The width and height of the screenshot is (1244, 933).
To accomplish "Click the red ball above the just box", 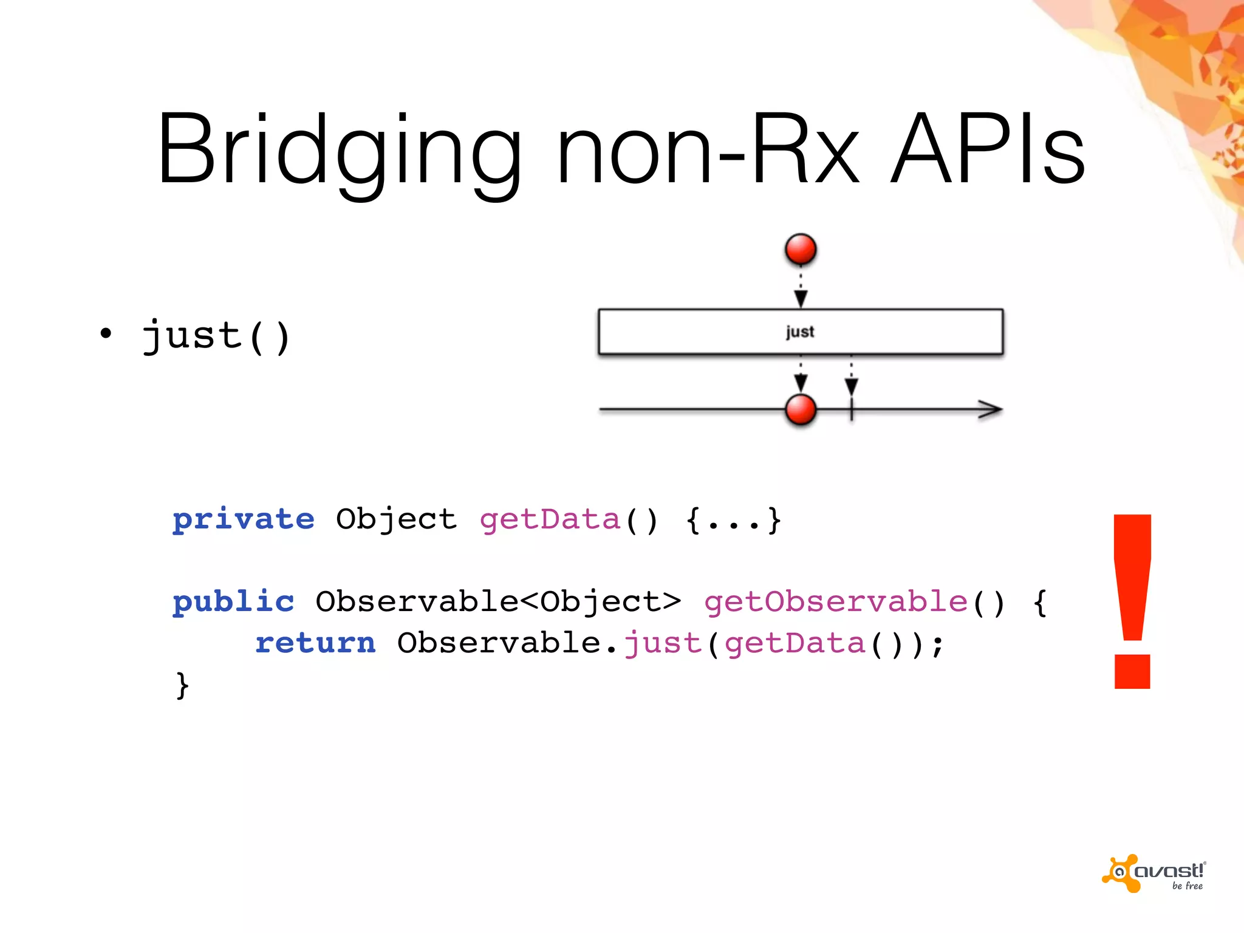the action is coord(801,250).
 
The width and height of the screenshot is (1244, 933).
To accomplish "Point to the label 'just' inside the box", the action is coord(800,332).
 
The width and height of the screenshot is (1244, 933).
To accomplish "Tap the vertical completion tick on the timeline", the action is coord(852,409).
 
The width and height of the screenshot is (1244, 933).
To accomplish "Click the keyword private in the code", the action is coord(243,519).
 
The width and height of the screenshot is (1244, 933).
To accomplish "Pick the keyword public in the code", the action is coord(233,601).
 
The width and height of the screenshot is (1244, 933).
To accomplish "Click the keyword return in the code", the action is coord(315,643).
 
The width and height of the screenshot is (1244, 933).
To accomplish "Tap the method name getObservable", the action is coord(836,601).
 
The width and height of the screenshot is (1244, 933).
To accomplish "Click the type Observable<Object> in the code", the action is coord(498,601).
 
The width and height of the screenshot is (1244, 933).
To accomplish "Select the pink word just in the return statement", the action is coord(663,643).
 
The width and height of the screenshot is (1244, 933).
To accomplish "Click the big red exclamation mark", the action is coord(1132,601).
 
